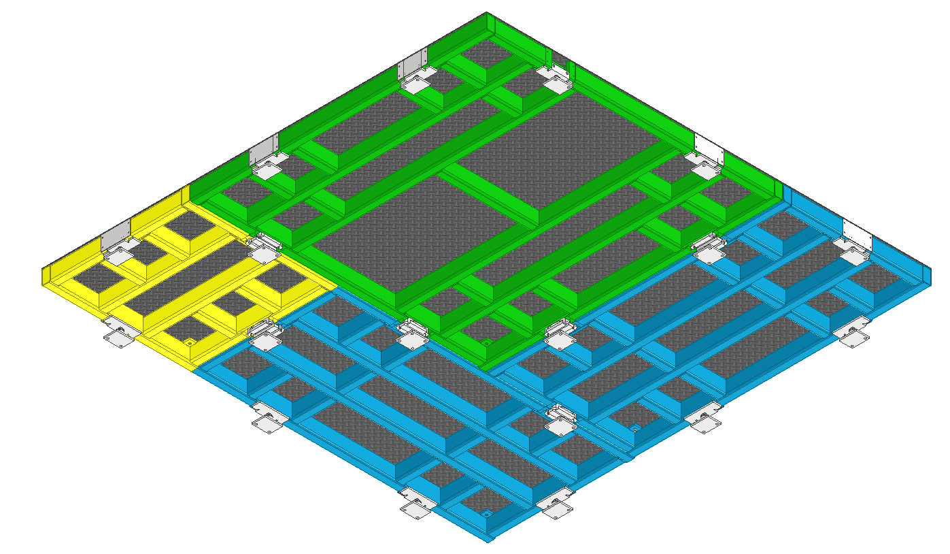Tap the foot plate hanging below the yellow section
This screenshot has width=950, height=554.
(118, 338)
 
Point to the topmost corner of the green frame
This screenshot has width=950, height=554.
(486, 13)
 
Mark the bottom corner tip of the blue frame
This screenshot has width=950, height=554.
(489, 541)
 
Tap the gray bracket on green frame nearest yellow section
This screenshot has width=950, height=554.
(264, 149)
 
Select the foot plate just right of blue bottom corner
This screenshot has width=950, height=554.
(556, 508)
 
